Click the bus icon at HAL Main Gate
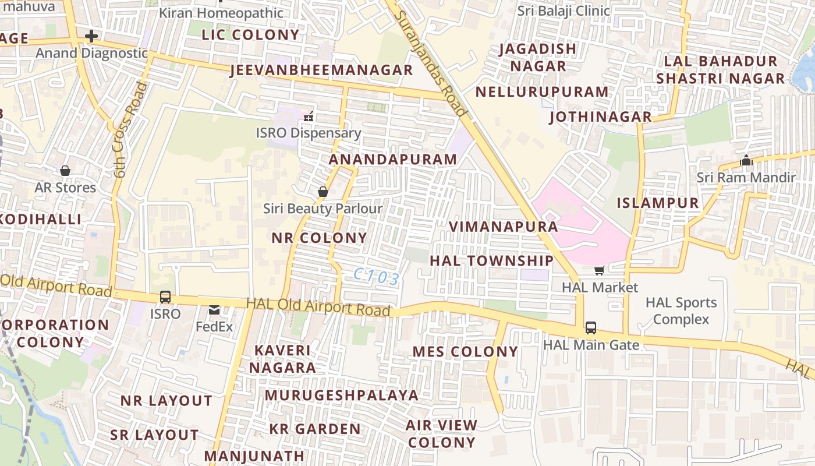coord(591,327)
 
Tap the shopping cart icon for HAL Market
coord(600,270)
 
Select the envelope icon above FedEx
coord(214,310)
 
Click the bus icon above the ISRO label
coord(165,297)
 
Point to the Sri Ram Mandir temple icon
coord(746,160)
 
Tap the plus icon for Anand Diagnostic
coord(91,36)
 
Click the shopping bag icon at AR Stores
coord(65,171)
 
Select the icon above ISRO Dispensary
coord(309,116)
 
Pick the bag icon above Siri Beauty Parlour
coord(323,192)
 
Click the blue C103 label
coord(377,277)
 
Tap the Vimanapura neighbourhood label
coord(504,227)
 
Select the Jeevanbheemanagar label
coord(321,70)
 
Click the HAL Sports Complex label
coord(681,311)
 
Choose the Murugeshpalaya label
coord(342,396)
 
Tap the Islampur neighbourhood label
coord(658,203)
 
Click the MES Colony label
coord(465,352)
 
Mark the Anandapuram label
coord(393,160)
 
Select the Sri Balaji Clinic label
coord(564,10)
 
